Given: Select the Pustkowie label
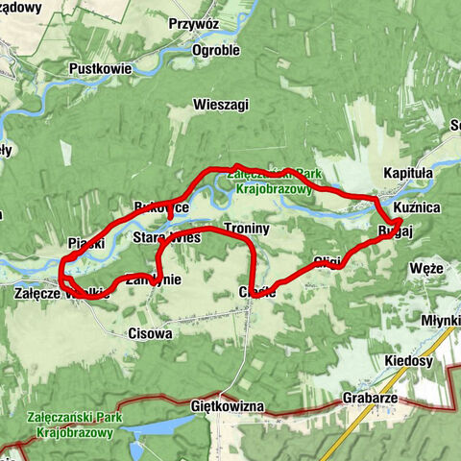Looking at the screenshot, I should point(100,69).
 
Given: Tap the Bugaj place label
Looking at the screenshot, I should point(395,231).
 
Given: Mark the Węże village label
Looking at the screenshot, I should point(426,268).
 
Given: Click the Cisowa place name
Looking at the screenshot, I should point(150,334).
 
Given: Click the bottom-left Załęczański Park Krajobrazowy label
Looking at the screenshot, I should point(73,425).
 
